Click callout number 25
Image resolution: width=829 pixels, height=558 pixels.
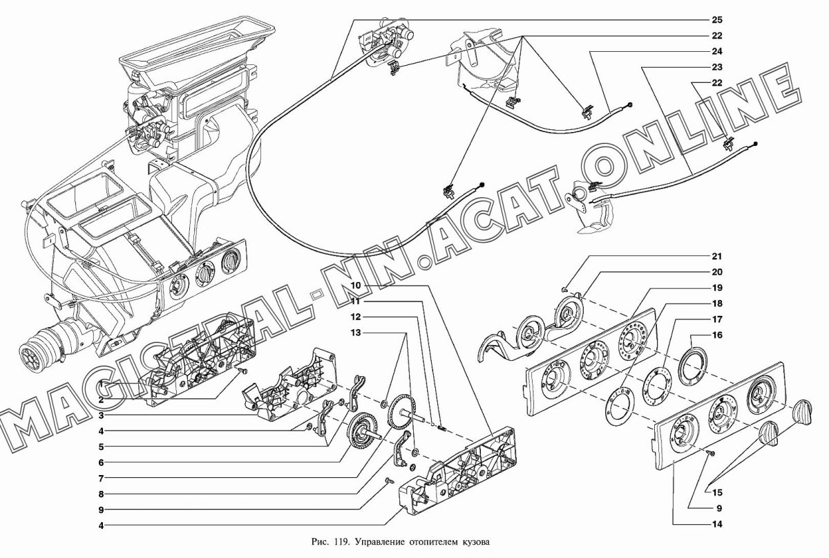pyautogui.click(x=717, y=20)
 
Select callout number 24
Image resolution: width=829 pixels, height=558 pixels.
pyautogui.click(x=717, y=51)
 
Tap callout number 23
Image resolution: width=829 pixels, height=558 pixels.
pyautogui.click(x=717, y=68)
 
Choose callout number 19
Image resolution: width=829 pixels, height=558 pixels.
pyautogui.click(x=717, y=288)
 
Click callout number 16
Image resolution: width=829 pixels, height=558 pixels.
pyautogui.click(x=717, y=335)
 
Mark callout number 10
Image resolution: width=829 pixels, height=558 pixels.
pyautogui.click(x=356, y=286)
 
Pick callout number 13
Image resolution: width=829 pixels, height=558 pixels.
pyautogui.click(x=356, y=333)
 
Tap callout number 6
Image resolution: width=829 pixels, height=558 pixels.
pyautogui.click(x=101, y=463)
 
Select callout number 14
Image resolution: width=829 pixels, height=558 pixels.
pyautogui.click(x=717, y=524)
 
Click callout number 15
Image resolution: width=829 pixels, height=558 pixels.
pyautogui.click(x=717, y=493)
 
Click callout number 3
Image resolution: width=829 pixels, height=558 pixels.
pyautogui.click(x=101, y=416)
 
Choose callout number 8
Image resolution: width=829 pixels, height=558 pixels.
pyautogui.click(x=101, y=494)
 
